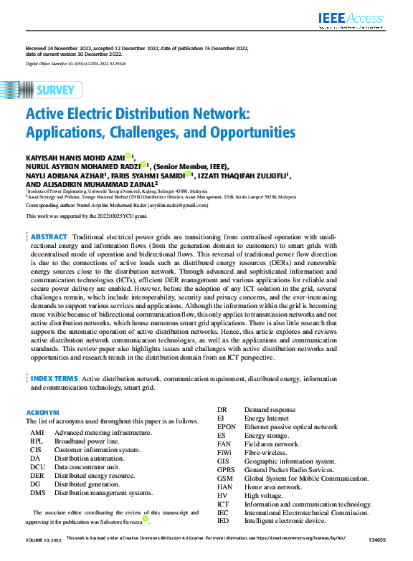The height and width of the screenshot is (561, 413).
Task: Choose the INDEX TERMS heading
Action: tap(54, 378)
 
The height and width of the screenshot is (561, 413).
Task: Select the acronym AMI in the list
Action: tap(37, 433)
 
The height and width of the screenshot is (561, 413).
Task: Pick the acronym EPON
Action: tap(226, 426)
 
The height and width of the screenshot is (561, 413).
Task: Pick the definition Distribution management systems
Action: tap(103, 493)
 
